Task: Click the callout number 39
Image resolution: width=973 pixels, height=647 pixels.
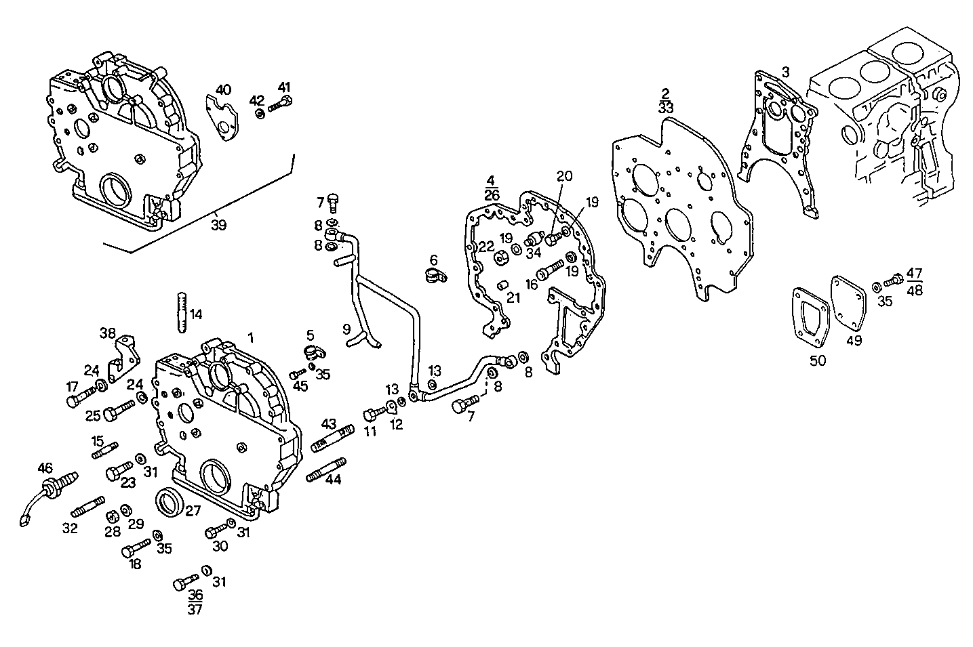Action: pyautogui.click(x=218, y=224)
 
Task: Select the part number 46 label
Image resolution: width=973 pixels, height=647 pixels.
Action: pyautogui.click(x=45, y=467)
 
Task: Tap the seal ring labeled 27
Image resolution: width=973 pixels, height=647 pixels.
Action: pyautogui.click(x=170, y=501)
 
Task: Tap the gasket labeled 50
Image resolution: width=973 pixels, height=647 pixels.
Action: pyautogui.click(x=811, y=320)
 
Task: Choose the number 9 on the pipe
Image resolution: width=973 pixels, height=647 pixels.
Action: pyautogui.click(x=346, y=330)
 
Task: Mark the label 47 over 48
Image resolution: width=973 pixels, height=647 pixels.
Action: pyautogui.click(x=914, y=281)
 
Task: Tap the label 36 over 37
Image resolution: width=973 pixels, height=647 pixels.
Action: pyautogui.click(x=195, y=600)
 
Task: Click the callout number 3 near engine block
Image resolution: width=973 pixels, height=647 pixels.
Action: pyautogui.click(x=785, y=70)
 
